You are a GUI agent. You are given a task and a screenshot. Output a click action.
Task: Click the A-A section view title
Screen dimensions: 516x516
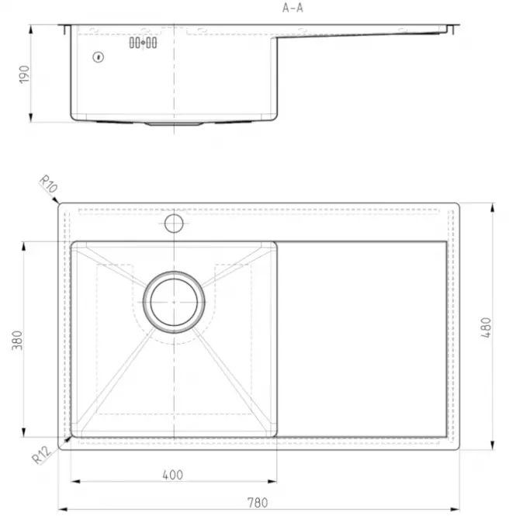click(x=293, y=8)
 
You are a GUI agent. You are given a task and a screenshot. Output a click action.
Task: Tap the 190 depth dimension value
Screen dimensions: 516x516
click(x=24, y=74)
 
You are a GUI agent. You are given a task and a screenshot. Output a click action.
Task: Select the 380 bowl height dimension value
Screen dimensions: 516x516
click(x=17, y=341)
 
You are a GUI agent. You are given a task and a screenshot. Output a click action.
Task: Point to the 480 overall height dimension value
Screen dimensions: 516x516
click(x=486, y=327)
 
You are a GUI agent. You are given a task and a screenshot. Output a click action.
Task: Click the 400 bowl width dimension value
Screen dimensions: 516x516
click(x=173, y=475)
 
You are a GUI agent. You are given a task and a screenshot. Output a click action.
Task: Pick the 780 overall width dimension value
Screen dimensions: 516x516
click(x=258, y=503)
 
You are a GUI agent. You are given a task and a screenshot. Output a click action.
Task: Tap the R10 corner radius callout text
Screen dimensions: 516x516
click(x=49, y=184)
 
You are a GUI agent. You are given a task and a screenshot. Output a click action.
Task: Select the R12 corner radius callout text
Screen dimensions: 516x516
click(x=41, y=455)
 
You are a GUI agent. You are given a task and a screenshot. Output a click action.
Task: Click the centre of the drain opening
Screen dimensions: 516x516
click(x=174, y=302)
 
